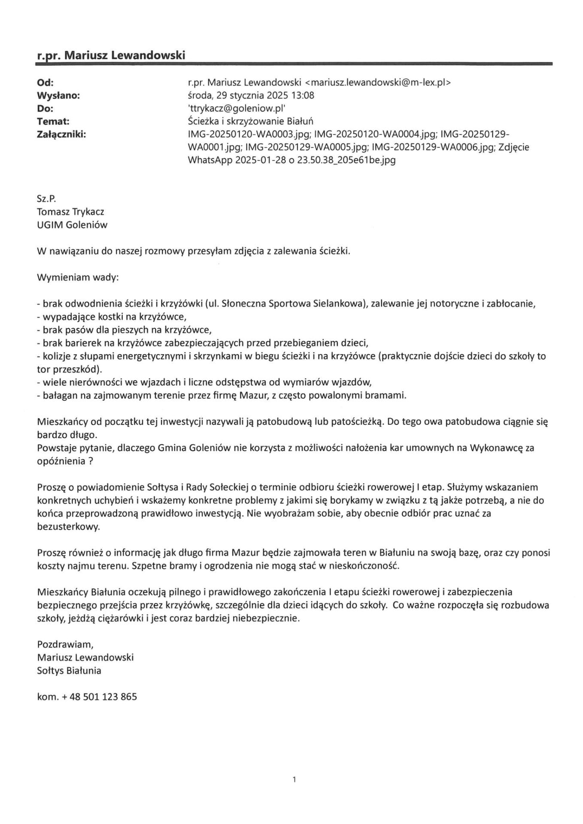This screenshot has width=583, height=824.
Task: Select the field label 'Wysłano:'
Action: pos(58,96)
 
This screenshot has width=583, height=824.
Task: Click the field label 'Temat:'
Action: pos(53,121)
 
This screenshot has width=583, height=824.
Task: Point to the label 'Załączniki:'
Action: pos(61,135)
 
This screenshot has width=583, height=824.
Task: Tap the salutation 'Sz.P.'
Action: pos(47,199)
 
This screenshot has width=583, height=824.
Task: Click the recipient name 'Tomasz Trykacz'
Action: pos(70,212)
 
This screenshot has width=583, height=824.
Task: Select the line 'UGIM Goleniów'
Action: pos(72,225)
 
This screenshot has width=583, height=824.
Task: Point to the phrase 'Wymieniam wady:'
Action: pos(78,277)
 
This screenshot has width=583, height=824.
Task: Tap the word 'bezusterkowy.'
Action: pos(68,527)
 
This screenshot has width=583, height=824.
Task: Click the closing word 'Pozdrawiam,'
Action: pos(65,644)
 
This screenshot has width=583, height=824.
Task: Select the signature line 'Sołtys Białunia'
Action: pos(69,670)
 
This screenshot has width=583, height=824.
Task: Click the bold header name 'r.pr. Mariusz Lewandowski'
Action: pos(111,55)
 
